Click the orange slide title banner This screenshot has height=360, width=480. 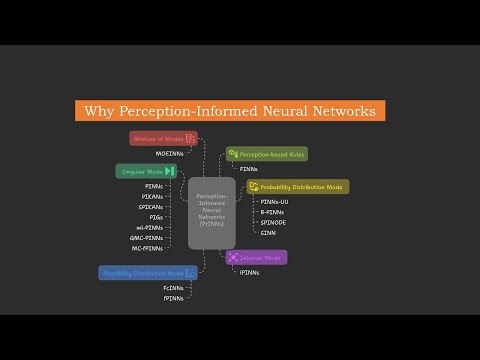[x=231, y=111]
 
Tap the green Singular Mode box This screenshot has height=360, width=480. [x=145, y=171]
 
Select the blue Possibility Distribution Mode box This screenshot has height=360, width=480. [x=147, y=272]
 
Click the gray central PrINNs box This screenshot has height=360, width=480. [x=211, y=212]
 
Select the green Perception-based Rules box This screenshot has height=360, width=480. [x=266, y=154]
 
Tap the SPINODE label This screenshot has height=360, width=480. [x=273, y=222]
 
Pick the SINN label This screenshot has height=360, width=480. [x=268, y=232]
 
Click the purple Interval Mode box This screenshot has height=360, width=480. [x=257, y=257]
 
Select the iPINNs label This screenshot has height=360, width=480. [x=251, y=272]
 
